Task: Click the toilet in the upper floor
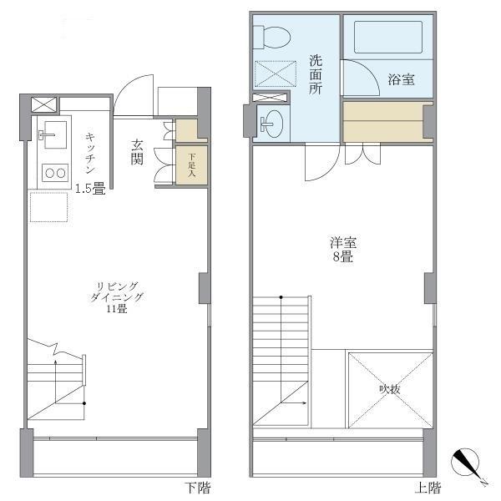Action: coord(271,37)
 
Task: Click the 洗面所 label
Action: coord(316,74)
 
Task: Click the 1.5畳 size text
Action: coord(90,189)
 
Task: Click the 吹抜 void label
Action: coord(389,388)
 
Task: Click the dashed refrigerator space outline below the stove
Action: coord(48,206)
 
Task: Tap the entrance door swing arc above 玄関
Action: coord(132,94)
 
